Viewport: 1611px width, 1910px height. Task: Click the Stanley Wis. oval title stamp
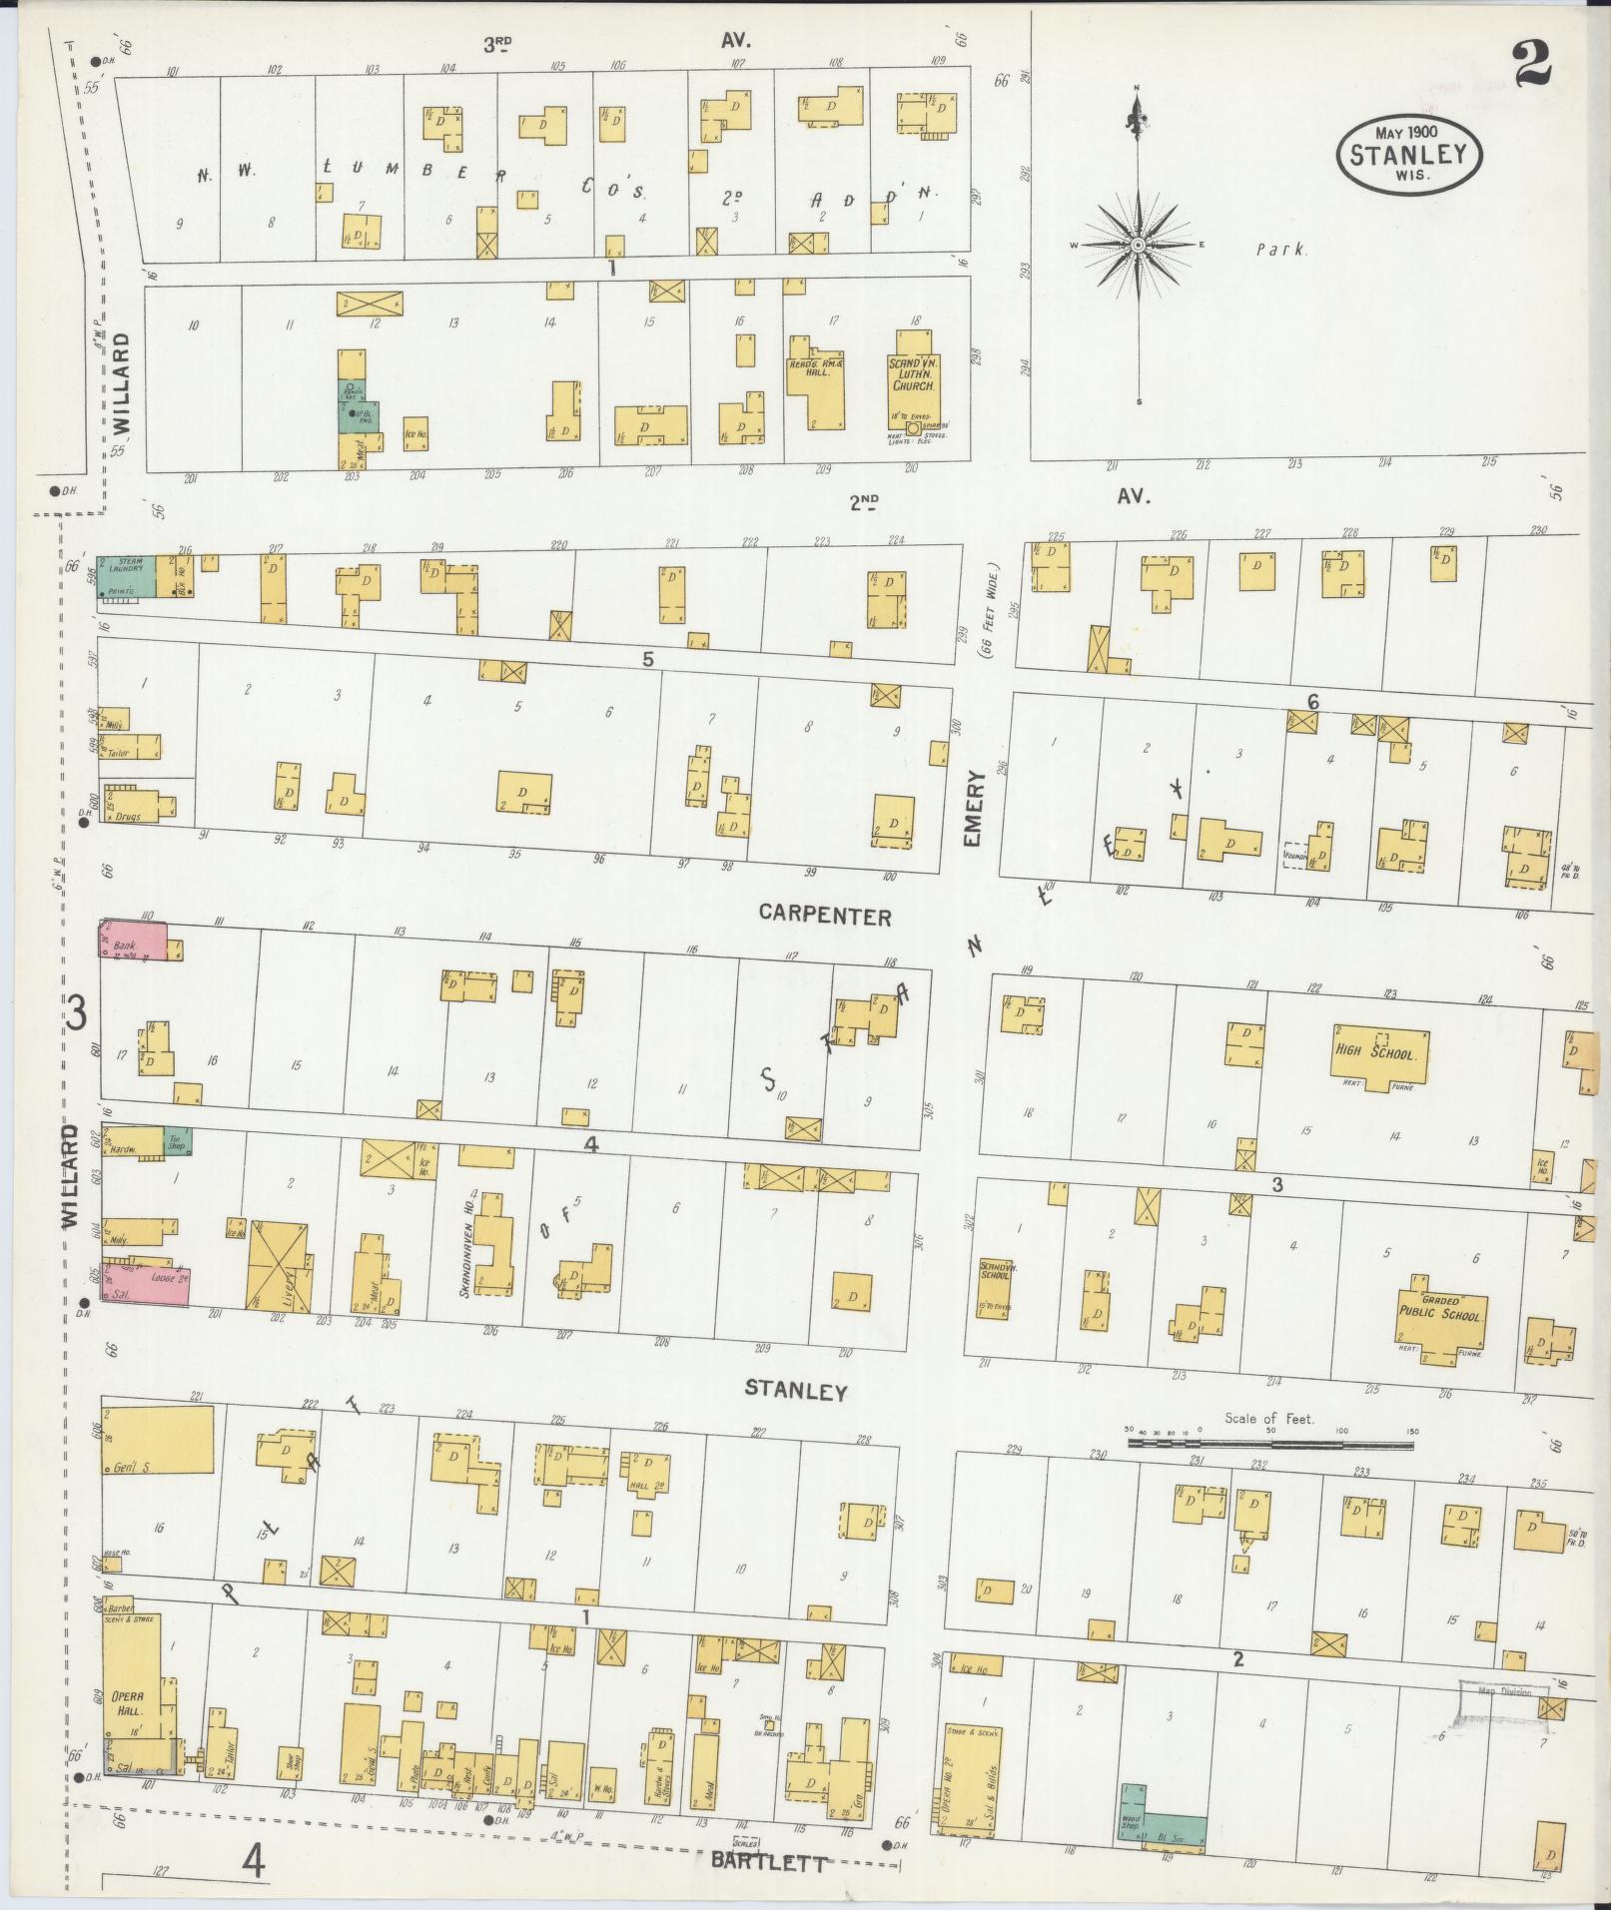point(1409,153)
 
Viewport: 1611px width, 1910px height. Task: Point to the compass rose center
point(1138,245)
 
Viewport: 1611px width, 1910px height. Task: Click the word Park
point(1280,251)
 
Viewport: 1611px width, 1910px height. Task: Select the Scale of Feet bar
point(1270,1442)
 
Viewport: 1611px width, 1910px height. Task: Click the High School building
point(1379,1051)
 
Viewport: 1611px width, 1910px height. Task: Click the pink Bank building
point(132,944)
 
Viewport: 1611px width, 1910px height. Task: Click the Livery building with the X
point(279,1266)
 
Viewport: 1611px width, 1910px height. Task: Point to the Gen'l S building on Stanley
point(158,1440)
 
